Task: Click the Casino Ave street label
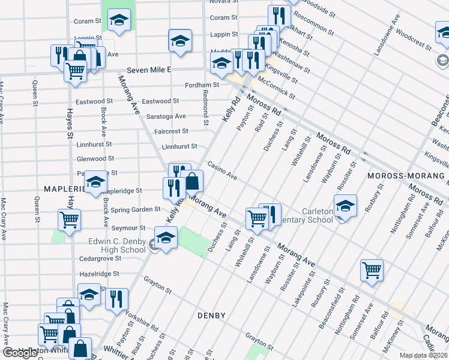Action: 223,171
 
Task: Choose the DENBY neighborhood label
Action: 211,316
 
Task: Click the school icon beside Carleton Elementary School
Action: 345,206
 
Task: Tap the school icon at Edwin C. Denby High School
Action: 166,238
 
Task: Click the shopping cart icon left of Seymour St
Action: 70,220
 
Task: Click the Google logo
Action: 20,353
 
